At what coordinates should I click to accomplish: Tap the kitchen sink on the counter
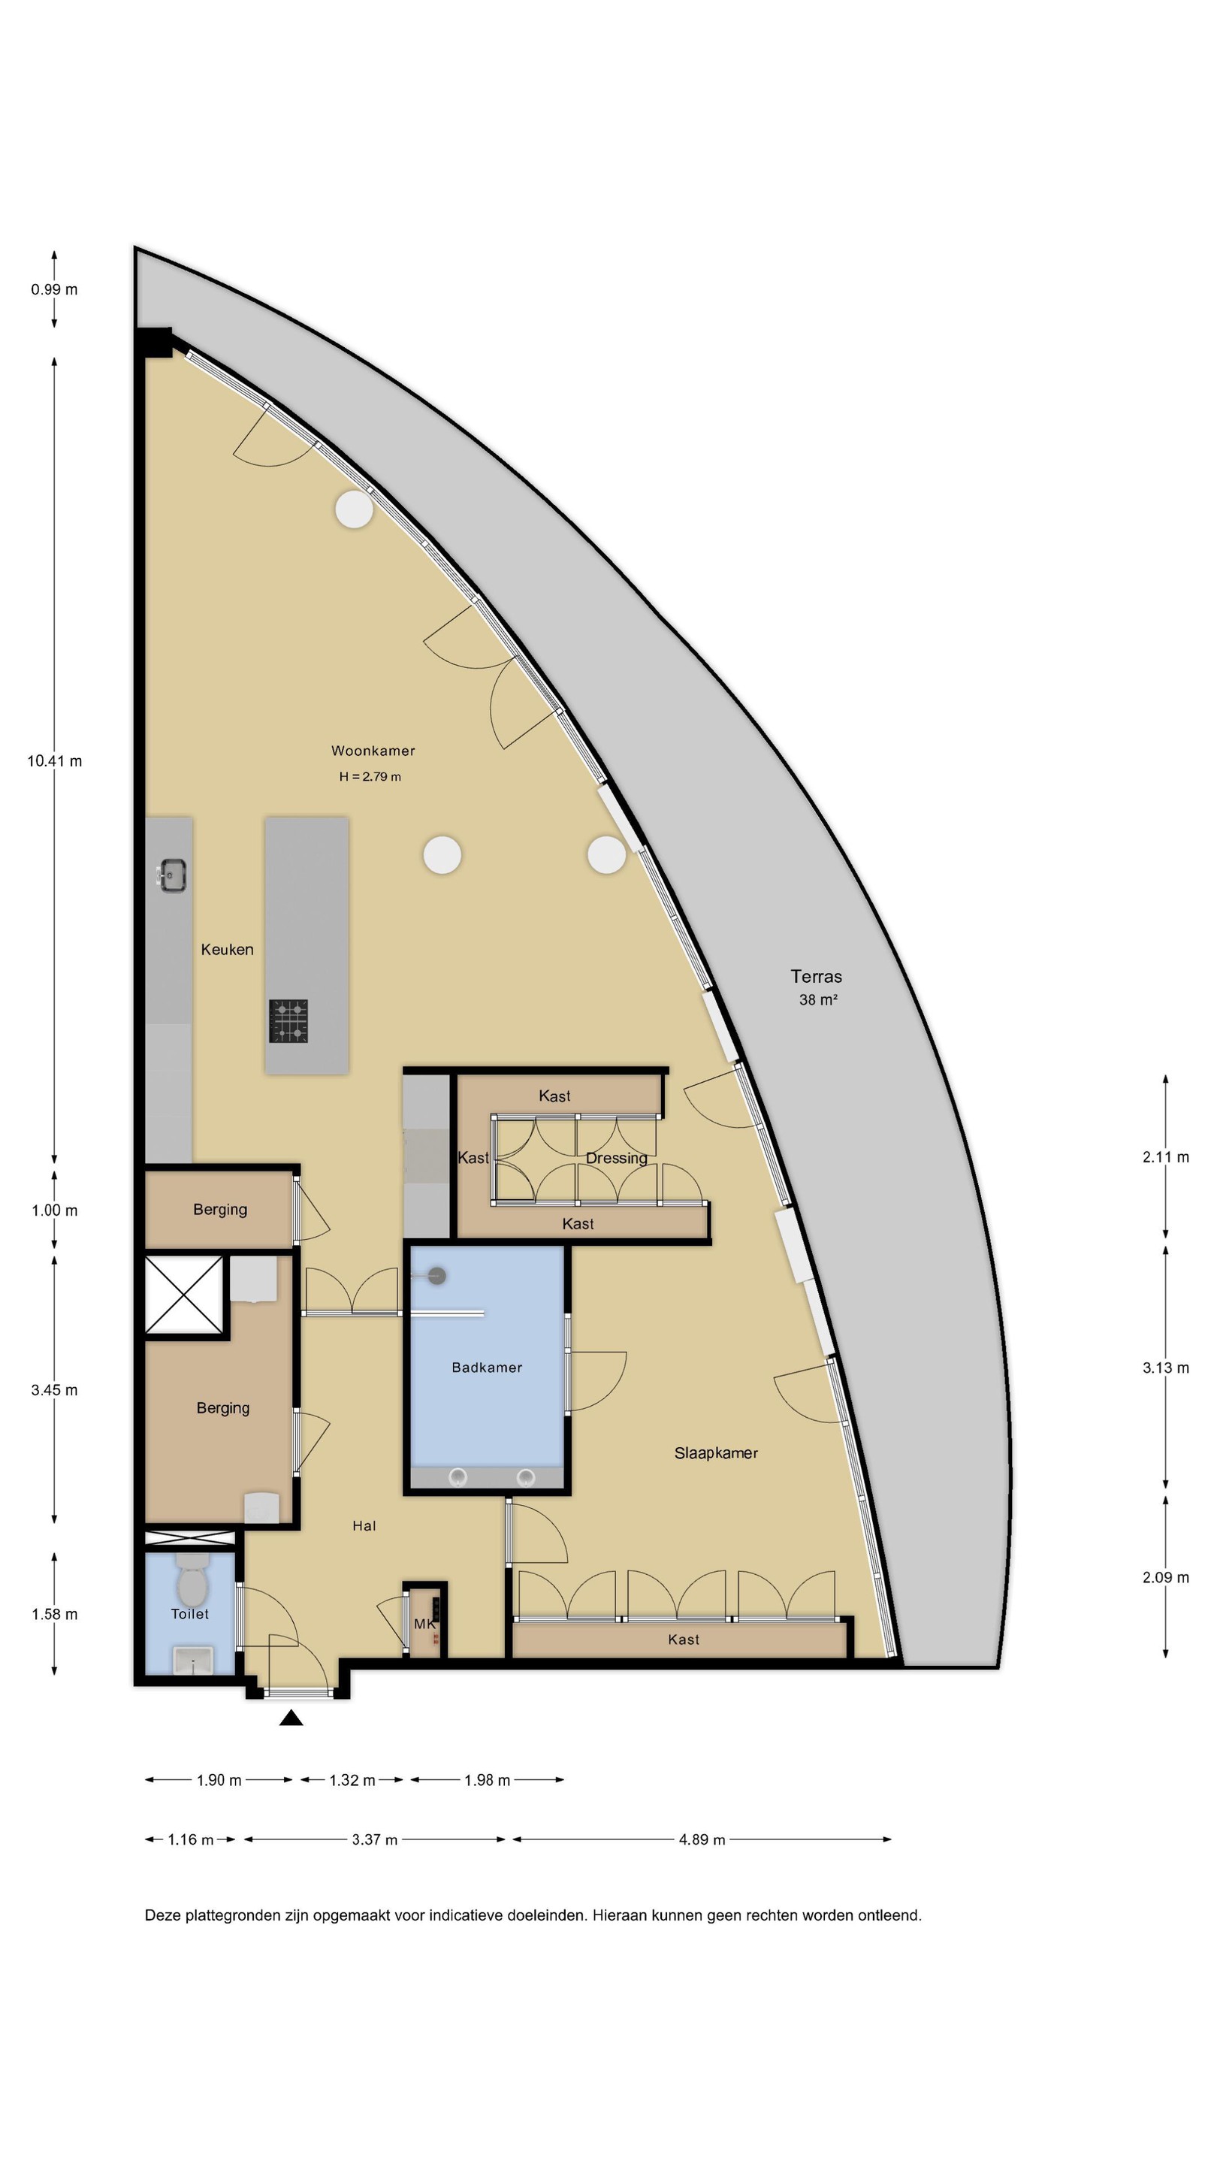[x=172, y=875]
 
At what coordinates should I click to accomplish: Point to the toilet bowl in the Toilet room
[x=192, y=1579]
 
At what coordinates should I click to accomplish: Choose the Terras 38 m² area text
[x=817, y=987]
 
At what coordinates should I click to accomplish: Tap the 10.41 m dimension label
[x=55, y=761]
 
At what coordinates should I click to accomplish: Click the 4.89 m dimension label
[x=702, y=1839]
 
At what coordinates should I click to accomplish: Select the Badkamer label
[x=487, y=1368]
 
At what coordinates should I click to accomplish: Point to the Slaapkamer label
[x=717, y=1453]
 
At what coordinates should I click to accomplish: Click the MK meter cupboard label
[x=425, y=1624]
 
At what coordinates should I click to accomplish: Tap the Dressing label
[x=617, y=1159]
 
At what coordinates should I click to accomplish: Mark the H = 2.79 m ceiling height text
[x=370, y=776]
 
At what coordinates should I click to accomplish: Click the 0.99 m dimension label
[x=55, y=290]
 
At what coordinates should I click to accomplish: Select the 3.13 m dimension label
[x=1166, y=1368]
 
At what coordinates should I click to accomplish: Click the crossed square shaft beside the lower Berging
[x=184, y=1295]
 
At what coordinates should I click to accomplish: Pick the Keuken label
[x=227, y=949]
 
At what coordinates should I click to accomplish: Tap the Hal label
[x=364, y=1525]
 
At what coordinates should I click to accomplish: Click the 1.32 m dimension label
[x=352, y=1779]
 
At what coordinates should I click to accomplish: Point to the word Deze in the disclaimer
[x=163, y=1915]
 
